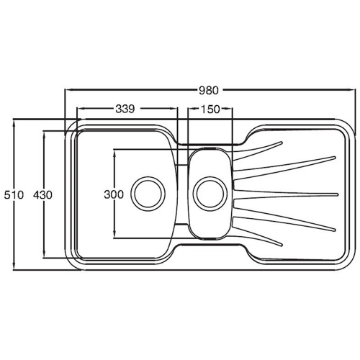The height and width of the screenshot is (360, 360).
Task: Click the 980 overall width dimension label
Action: coord(208,90)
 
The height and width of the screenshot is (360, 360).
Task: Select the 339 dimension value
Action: coord(125,109)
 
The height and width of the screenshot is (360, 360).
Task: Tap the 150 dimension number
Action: coord(210,109)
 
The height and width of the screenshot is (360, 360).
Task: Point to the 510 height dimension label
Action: coord(14,195)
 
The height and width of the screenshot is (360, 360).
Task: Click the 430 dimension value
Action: coord(43,195)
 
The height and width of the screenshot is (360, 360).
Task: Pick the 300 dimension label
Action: coord(114,194)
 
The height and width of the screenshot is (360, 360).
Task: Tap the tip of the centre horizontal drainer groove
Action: coord(337,194)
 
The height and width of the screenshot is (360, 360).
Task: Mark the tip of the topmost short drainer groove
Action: coord(281,143)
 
